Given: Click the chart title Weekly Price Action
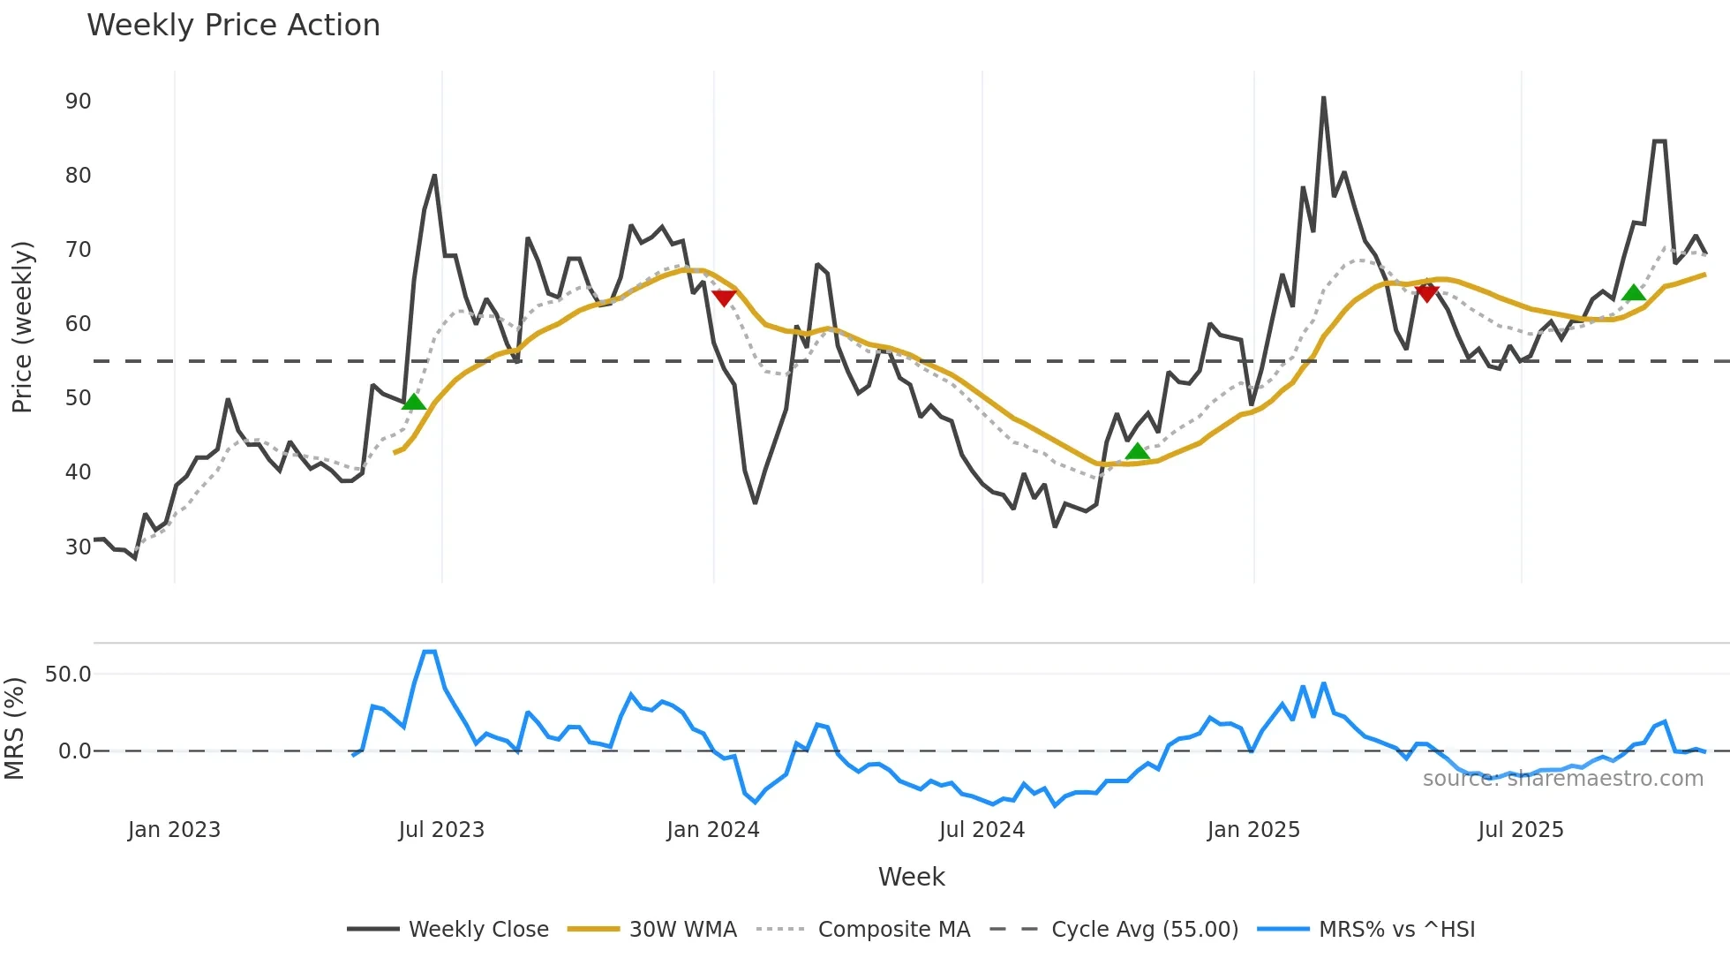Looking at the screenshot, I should [x=233, y=26].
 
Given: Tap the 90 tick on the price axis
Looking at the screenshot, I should [x=78, y=102].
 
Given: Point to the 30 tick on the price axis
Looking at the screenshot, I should [x=78, y=547].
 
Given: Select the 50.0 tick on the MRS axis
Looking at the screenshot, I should [x=68, y=675].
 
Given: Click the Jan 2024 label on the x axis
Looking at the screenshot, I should [x=712, y=830].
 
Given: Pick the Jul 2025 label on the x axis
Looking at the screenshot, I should [x=1520, y=830].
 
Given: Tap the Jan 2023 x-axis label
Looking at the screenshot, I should [x=174, y=830].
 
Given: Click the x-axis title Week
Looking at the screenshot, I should [x=911, y=877].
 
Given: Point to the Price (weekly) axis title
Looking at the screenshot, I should [x=22, y=327].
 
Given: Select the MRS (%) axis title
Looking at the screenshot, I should [x=14, y=728].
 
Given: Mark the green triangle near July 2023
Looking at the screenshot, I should [x=413, y=403].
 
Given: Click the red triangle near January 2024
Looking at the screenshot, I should [x=724, y=298].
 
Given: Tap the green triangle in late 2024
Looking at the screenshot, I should [x=1137, y=452].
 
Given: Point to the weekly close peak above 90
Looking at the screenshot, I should [x=1323, y=99].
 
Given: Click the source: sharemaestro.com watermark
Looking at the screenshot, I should [x=1562, y=779].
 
